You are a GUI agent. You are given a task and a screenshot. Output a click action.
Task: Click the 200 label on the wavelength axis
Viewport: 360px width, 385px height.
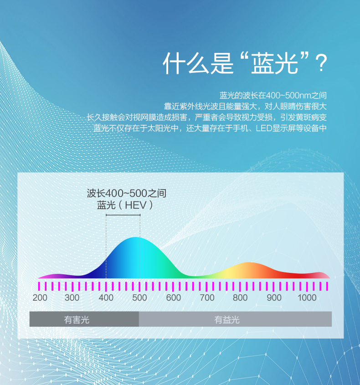point(40,298)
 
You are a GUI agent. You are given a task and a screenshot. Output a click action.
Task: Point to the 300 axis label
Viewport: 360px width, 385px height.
point(72,298)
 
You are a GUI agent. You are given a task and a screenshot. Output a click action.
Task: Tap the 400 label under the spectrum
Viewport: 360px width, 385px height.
point(106,298)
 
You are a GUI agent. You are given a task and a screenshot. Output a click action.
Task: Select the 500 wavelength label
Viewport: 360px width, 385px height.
point(139,298)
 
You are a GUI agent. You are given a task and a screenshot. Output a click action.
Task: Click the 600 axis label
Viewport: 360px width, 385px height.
point(173,298)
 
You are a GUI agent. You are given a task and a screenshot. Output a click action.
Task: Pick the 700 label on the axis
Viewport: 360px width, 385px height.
point(207,298)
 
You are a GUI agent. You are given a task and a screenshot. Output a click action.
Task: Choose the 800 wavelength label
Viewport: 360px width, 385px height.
point(240,298)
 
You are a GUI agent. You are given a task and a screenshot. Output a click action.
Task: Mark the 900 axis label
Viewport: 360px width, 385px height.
point(274,298)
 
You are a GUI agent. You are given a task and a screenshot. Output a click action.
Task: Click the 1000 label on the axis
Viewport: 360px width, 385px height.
point(307,298)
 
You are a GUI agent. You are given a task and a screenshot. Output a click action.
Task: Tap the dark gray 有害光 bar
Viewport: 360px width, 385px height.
point(84,319)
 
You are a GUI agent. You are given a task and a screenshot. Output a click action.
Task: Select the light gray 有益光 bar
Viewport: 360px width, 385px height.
point(235,319)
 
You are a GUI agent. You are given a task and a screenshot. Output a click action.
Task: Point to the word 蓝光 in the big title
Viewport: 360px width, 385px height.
point(274,63)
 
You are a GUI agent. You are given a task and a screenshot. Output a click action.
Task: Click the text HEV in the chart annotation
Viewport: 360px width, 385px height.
point(136,205)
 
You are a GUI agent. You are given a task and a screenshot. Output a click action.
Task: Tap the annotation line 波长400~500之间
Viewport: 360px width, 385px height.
point(127,193)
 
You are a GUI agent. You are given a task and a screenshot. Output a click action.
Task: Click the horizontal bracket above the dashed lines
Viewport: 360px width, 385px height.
point(123,215)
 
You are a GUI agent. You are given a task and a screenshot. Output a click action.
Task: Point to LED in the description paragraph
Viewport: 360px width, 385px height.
point(264,128)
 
